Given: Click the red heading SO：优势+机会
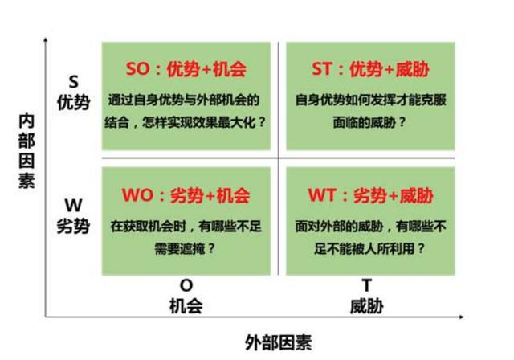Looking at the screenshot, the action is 186,69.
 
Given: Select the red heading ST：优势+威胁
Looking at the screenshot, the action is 370,69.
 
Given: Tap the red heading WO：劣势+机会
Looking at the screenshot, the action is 186,195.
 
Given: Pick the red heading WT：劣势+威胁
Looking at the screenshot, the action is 371,195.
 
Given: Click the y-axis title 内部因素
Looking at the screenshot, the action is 27,151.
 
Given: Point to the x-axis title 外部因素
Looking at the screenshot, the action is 279,342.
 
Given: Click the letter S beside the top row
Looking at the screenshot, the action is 74,82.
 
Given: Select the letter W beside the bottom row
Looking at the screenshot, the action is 73,206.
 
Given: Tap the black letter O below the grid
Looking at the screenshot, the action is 186,285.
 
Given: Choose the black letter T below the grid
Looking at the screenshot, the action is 367,285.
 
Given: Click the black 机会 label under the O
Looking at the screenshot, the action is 186,306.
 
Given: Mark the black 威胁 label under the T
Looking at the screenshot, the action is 367,306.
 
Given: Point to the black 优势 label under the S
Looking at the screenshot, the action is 74,103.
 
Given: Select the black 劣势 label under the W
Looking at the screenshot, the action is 73,227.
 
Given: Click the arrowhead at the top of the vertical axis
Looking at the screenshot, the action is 46,39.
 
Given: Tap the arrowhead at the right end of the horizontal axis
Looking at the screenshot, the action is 462,317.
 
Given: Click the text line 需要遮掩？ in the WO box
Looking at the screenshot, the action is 185,248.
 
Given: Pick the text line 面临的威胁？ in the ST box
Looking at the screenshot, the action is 369,123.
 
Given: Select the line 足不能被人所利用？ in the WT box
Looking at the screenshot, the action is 369,248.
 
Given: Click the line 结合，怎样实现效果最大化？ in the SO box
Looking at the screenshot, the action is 186,123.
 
